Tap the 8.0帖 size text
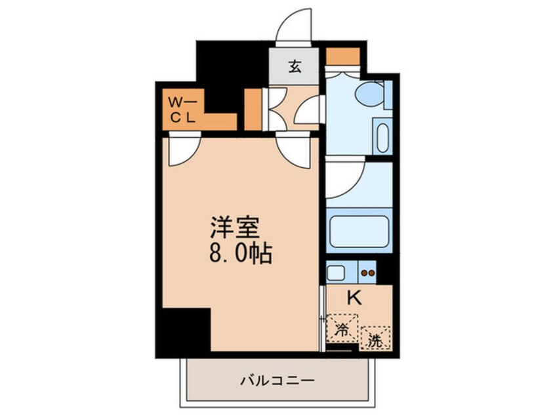(x=241, y=253)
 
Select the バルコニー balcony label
(x=278, y=381)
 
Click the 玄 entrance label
(x=295, y=66)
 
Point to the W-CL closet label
(x=182, y=110)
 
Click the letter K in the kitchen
(x=354, y=298)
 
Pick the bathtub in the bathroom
(x=360, y=230)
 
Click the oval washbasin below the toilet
(x=383, y=137)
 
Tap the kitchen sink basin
(x=335, y=272)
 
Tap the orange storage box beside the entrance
(x=342, y=56)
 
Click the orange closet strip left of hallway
(x=253, y=110)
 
